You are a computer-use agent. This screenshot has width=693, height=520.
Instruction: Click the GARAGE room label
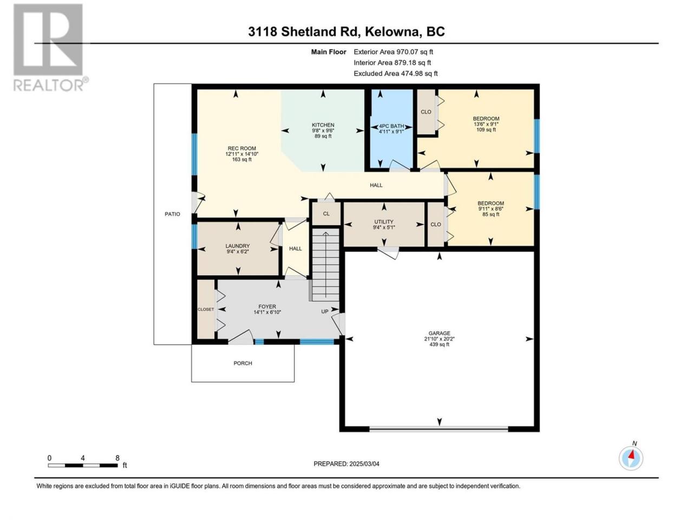click(439, 333)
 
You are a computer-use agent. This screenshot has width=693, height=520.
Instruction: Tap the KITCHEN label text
click(323, 125)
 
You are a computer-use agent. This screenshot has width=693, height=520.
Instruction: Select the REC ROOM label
click(242, 148)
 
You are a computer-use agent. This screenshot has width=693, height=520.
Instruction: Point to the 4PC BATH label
click(391, 126)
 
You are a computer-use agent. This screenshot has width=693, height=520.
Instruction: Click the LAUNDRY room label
click(238, 246)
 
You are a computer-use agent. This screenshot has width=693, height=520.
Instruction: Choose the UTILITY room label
click(384, 222)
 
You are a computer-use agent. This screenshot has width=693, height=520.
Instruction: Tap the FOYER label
click(267, 307)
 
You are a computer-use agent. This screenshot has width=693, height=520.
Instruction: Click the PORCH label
click(243, 363)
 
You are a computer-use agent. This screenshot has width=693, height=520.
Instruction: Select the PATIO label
click(172, 214)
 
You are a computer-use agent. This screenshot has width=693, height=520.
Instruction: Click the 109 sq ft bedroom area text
click(486, 129)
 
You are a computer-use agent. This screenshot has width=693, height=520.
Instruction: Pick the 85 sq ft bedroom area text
click(491, 214)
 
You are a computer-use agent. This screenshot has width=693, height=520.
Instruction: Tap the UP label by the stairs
click(325, 311)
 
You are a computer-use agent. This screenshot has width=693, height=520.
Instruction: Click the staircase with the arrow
click(326, 265)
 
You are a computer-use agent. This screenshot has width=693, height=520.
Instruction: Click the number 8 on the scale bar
click(117, 458)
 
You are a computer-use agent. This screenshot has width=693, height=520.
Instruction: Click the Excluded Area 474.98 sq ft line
click(396, 74)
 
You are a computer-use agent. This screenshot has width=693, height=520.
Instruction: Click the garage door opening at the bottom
click(439, 429)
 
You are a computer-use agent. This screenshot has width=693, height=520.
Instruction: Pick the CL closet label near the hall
click(326, 214)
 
